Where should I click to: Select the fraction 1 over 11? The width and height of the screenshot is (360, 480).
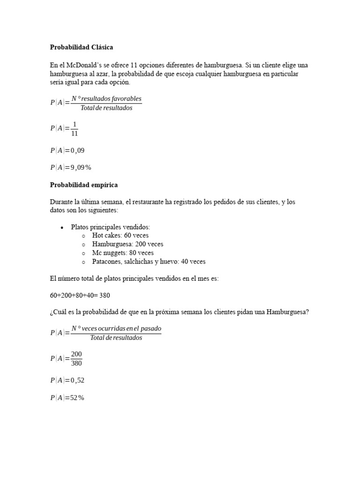(x=74, y=128)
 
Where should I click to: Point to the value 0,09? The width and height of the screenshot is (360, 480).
(x=78, y=150)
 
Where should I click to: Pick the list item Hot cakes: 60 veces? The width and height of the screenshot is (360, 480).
(x=120, y=235)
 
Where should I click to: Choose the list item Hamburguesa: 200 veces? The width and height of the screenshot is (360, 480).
(x=127, y=244)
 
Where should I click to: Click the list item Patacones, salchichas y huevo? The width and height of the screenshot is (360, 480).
(x=149, y=262)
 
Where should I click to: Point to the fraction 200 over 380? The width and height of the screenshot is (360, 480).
(x=76, y=358)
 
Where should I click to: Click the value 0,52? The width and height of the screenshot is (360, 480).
(x=78, y=380)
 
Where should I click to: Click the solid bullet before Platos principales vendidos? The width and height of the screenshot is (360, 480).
(x=62, y=227)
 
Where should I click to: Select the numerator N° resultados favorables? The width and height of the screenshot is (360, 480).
(x=106, y=99)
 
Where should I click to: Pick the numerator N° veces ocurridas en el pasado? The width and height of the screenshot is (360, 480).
(x=116, y=328)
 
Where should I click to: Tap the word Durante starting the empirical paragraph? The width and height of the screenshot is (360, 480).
(x=62, y=202)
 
